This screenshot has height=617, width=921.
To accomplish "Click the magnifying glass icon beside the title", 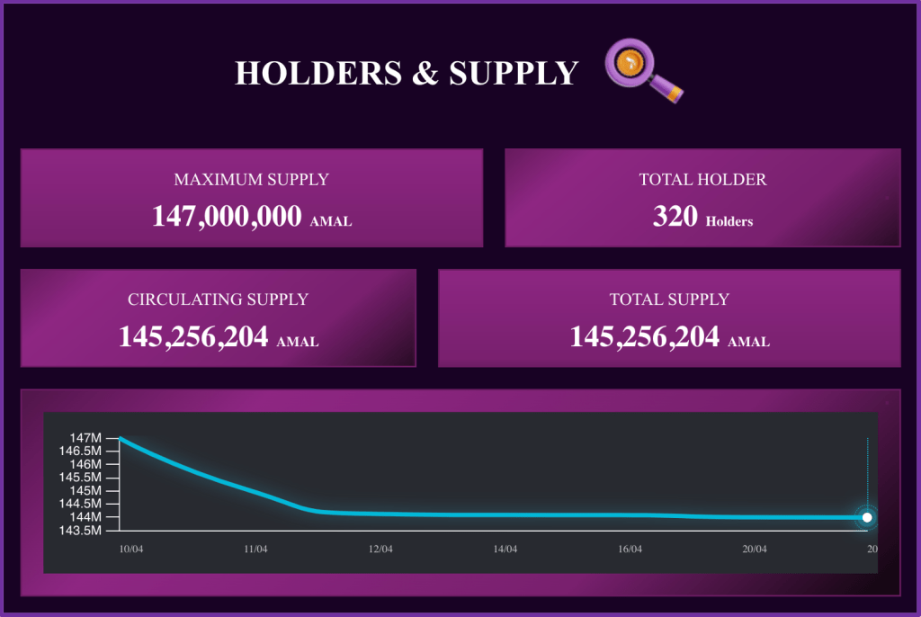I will click(x=642, y=68).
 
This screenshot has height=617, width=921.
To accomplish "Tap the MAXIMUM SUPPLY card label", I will click(x=251, y=180).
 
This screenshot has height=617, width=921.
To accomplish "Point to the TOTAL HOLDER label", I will click(x=702, y=180).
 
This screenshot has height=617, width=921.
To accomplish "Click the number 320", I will click(x=675, y=216).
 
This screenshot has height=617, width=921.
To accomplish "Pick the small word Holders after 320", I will click(x=729, y=221).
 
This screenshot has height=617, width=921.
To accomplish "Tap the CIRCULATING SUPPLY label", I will click(x=218, y=300).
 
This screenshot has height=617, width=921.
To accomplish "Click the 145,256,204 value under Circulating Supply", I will click(x=193, y=336).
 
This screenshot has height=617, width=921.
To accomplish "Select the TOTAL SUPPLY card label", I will click(x=669, y=300).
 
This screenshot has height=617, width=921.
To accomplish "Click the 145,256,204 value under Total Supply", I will click(x=645, y=336).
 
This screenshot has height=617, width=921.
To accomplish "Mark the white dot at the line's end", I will click(x=867, y=517).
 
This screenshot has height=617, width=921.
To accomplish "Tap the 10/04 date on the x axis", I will click(x=131, y=549).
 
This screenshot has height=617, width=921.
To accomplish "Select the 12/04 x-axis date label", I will click(x=380, y=549).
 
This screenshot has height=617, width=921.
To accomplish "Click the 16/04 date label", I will click(x=630, y=549).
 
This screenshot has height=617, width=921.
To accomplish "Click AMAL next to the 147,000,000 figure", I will click(x=331, y=221).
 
